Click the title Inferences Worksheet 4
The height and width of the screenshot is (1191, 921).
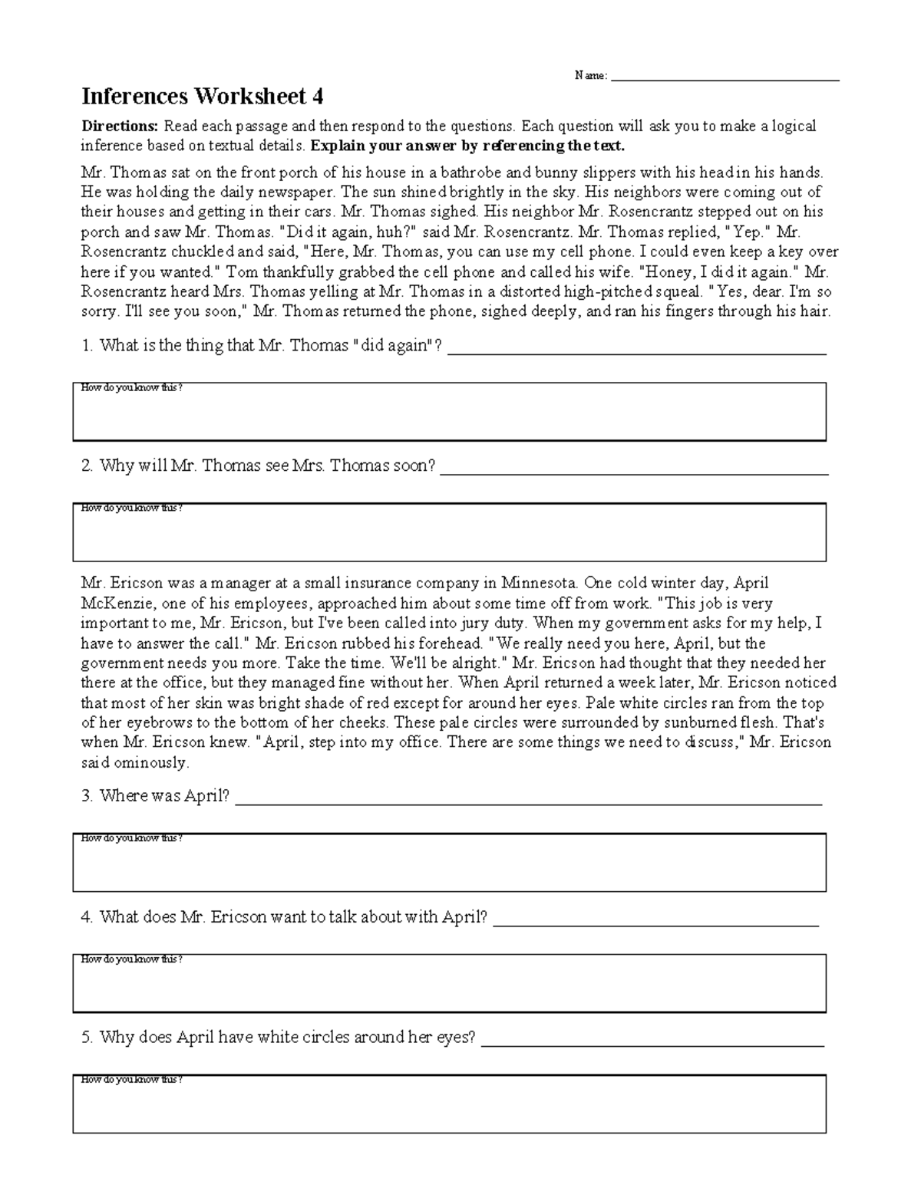(203, 97)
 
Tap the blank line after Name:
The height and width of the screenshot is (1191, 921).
(725, 77)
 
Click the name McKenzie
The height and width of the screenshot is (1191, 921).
(114, 603)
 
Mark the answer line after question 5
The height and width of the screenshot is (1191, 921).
(652, 1041)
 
